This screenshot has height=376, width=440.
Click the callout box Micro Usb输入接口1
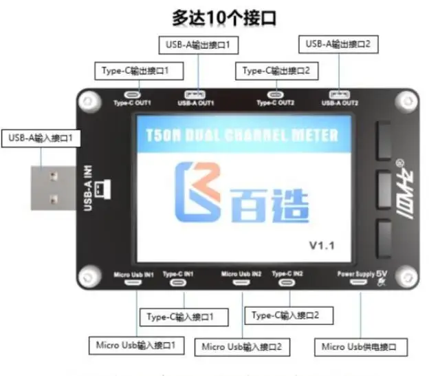[x=136, y=344]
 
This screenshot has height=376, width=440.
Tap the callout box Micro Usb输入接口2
[x=242, y=346]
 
